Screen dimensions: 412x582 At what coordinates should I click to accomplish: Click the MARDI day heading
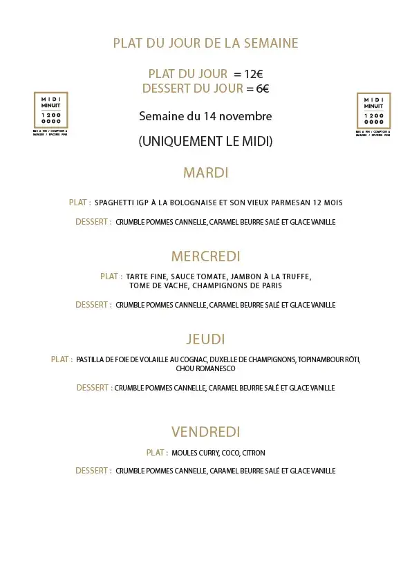[x=205, y=173]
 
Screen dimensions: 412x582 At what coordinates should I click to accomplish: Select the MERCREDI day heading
[x=205, y=256]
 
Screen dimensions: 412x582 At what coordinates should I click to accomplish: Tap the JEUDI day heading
[x=205, y=339]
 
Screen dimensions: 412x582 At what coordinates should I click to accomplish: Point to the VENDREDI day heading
[x=205, y=432]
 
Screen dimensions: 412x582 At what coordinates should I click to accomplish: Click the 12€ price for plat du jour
[x=255, y=74]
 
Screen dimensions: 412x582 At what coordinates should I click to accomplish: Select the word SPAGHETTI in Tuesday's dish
[x=115, y=203]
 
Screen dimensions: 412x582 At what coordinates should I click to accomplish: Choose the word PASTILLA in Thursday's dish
[x=90, y=359]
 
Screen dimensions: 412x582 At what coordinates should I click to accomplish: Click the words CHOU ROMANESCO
[x=205, y=369]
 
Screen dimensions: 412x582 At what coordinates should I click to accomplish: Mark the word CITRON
[x=254, y=453]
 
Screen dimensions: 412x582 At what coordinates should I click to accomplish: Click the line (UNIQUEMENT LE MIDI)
[x=205, y=141]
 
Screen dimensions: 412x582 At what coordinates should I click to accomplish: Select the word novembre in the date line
[x=247, y=116]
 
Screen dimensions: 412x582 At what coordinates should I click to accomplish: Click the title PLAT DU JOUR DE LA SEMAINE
[x=205, y=43]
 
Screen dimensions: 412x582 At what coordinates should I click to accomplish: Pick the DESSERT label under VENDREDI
[x=93, y=471]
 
